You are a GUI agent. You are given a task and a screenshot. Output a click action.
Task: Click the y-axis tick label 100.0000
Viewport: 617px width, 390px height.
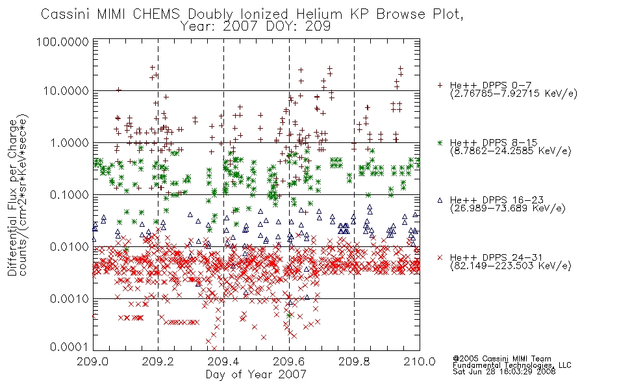[x=62, y=42]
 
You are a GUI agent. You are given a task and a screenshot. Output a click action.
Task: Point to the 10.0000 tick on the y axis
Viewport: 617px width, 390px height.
[x=66, y=91]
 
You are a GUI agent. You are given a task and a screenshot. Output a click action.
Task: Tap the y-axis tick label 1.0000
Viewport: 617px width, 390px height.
[x=69, y=142]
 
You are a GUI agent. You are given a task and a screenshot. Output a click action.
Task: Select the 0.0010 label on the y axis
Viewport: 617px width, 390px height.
[x=69, y=299]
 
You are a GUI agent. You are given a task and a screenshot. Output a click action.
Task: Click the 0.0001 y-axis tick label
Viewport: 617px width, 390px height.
[x=69, y=347]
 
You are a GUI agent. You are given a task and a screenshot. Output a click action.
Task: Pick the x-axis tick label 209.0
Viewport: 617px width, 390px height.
[x=93, y=361]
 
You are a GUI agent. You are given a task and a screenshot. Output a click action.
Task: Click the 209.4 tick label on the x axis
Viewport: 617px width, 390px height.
[x=223, y=361]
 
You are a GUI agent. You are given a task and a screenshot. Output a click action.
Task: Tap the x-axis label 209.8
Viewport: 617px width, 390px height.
[x=354, y=361]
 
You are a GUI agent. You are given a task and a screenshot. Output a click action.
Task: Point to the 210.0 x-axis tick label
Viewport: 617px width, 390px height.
[x=420, y=361]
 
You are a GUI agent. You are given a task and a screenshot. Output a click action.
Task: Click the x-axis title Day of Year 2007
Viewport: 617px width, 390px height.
[x=256, y=374]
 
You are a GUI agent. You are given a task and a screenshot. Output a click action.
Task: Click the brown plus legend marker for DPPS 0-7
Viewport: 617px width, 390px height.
[x=440, y=85]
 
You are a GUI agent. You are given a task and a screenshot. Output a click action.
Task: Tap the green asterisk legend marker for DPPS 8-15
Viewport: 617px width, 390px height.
[x=440, y=142]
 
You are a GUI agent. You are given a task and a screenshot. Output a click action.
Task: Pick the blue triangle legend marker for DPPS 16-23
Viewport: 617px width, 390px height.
[x=440, y=200]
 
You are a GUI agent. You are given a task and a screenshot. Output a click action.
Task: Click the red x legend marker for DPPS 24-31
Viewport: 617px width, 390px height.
[x=440, y=257]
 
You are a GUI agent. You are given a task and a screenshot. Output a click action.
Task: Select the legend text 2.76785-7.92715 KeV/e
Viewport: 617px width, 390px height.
[x=514, y=94]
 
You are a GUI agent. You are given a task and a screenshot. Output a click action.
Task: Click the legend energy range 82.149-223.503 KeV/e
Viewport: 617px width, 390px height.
[x=510, y=266]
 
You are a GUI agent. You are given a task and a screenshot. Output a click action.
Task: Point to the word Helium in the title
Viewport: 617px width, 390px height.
[x=319, y=14]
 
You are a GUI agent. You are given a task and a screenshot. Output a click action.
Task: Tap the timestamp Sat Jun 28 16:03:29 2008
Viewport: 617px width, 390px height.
[x=504, y=372]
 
